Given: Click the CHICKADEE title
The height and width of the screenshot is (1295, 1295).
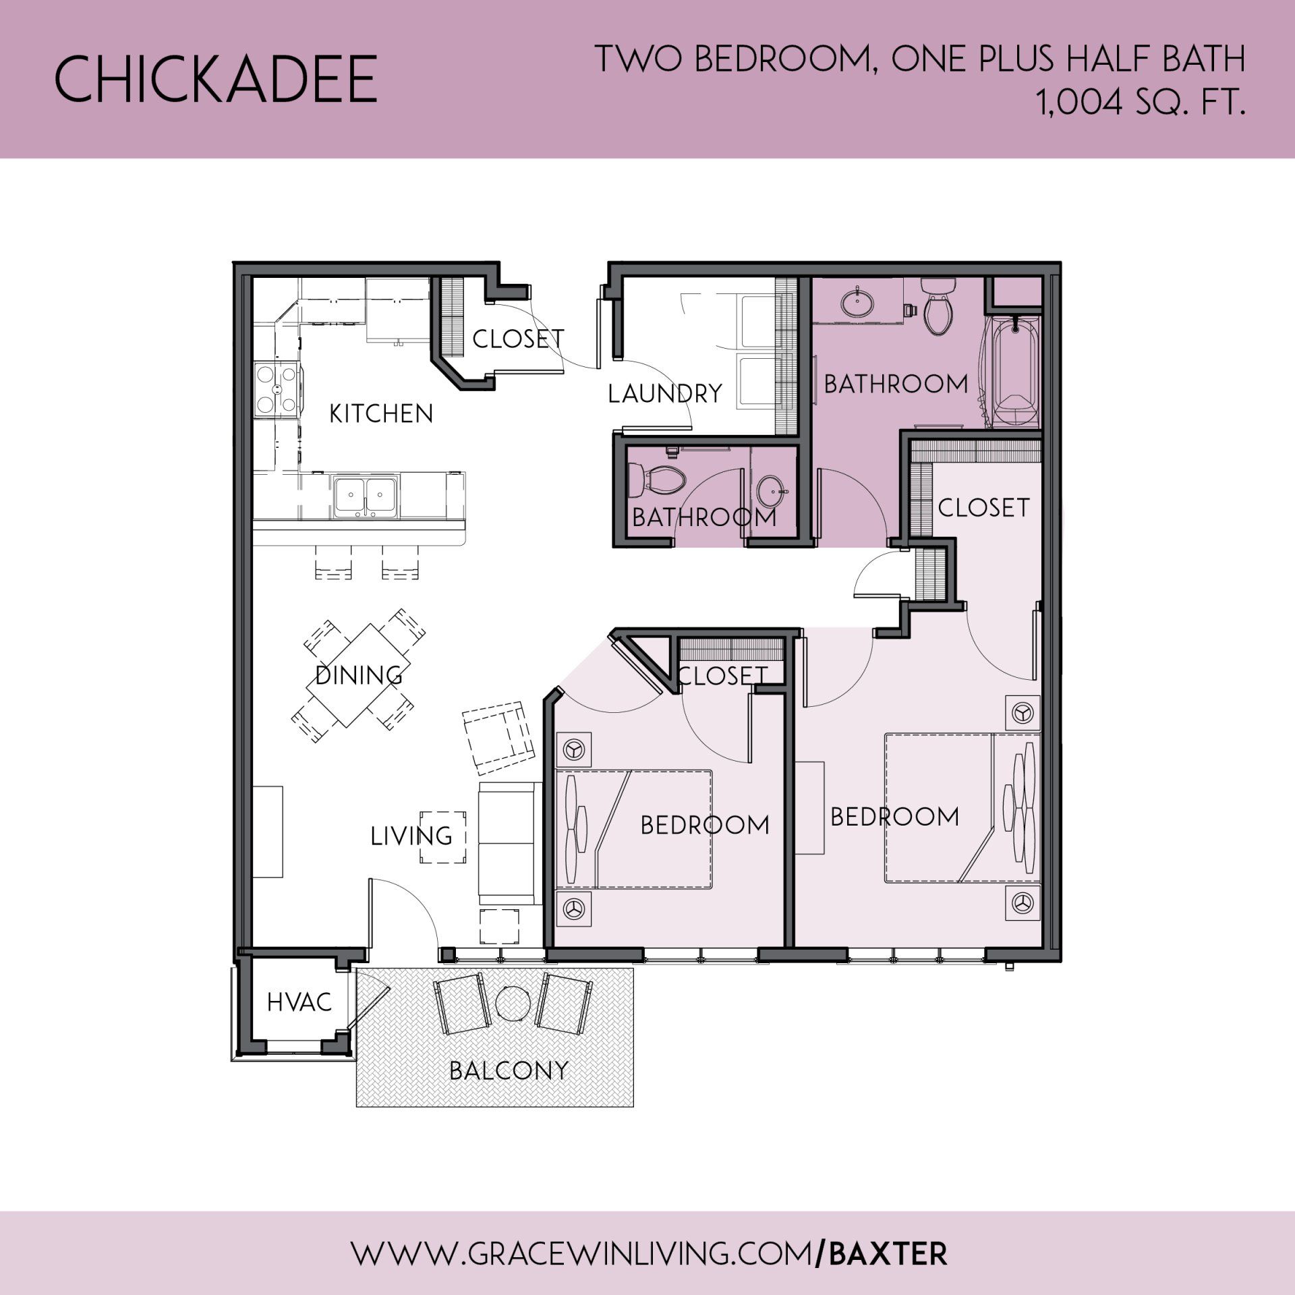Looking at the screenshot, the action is pos(215,80).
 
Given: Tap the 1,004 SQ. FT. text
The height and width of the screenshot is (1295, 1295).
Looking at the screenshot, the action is pos(1141,103).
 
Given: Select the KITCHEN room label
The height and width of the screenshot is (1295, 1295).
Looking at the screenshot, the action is pos(381,413).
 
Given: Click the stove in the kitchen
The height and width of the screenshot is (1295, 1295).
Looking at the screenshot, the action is pos(277,389).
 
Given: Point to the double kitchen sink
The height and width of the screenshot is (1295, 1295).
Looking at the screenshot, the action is pos(365,496).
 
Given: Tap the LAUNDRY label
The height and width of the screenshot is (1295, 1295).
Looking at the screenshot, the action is pos(665,393).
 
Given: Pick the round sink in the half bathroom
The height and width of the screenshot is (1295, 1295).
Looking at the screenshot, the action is pos(772,488).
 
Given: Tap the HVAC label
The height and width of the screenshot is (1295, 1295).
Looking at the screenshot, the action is pos(299,1002).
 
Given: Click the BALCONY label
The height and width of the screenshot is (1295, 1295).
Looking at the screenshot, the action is pos(509,1070).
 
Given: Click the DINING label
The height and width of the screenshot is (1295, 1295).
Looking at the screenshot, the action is pos(359,675).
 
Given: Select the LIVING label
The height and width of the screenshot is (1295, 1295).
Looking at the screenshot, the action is pos(411,836).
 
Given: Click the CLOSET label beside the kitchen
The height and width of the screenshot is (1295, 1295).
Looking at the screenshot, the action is pos(518,339).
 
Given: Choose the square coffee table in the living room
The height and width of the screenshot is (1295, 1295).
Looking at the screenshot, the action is pos(443,836).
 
